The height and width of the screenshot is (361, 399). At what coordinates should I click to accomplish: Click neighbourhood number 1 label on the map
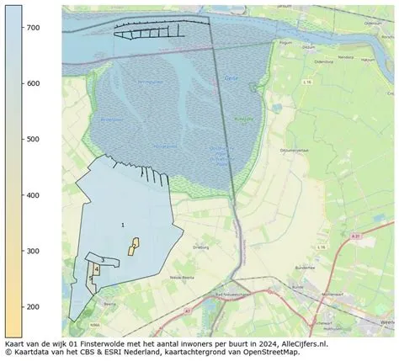pyautogui.click(x=123, y=225)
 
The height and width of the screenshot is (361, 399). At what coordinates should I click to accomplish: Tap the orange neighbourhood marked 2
pyautogui.click(x=134, y=245)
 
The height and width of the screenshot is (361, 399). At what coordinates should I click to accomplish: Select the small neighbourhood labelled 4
pyautogui.click(x=97, y=269)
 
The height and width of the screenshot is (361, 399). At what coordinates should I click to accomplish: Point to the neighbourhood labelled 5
pyautogui.click(x=90, y=279)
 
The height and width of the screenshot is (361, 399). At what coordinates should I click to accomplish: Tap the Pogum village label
pyautogui.click(x=308, y=50)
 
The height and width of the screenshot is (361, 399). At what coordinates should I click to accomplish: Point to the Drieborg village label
pyautogui.click(x=200, y=248)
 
